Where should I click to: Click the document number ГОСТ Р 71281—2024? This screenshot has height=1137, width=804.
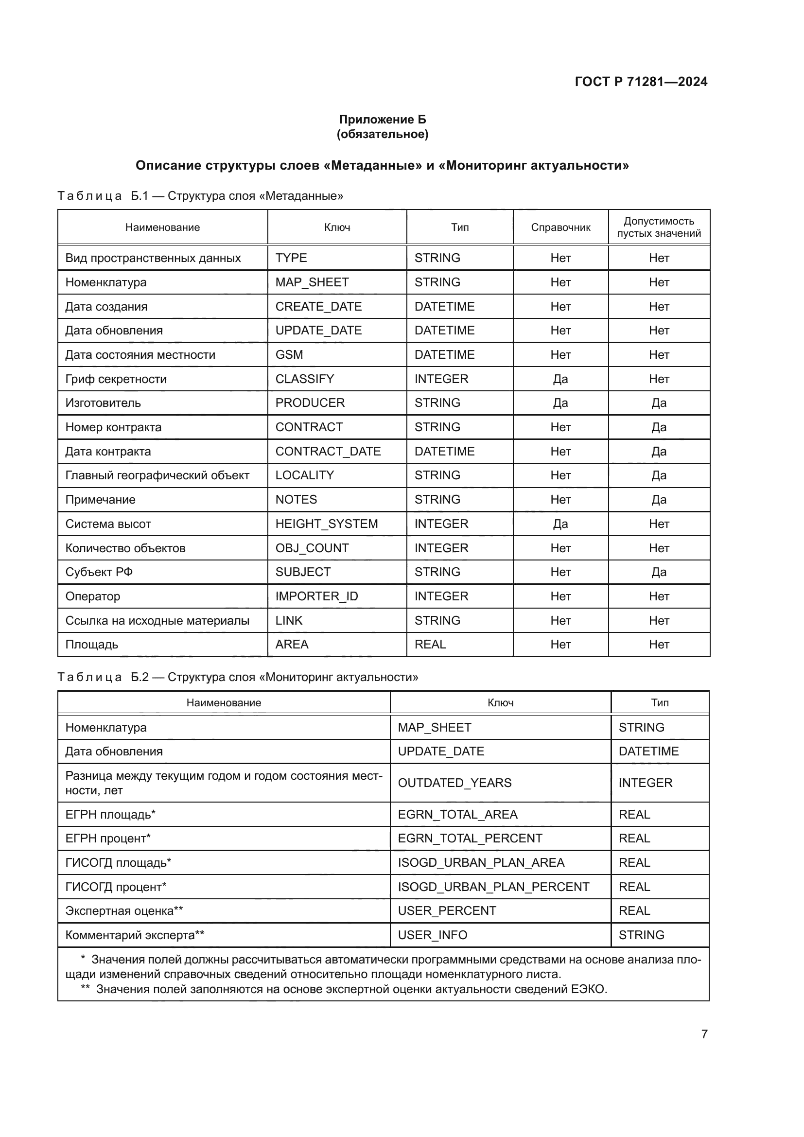tap(641, 82)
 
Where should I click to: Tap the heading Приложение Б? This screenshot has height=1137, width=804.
tap(382, 120)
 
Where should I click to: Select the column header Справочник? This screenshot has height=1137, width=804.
tap(560, 227)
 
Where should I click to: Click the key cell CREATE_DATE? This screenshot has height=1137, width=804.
tap(318, 307)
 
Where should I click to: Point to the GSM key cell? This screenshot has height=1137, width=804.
tap(289, 354)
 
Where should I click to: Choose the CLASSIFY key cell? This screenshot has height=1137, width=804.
tap(304, 379)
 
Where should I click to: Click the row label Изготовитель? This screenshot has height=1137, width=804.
tap(103, 402)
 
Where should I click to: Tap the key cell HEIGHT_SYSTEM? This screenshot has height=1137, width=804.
tap(326, 524)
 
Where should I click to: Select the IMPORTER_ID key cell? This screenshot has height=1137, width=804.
tap(316, 596)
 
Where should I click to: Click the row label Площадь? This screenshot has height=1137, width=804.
tap(91, 644)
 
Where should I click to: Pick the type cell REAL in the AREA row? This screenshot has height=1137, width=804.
tap(430, 644)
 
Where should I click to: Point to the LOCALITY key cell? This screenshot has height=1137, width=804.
tap(304, 475)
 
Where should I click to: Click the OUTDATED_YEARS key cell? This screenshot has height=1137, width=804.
tap(454, 783)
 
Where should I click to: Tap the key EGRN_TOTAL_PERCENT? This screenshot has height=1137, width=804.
tap(470, 839)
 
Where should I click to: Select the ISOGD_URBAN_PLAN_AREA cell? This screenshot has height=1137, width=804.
tap(481, 863)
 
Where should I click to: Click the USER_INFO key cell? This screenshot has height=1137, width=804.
tap(432, 935)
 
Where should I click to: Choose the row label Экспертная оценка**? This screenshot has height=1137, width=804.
tap(124, 910)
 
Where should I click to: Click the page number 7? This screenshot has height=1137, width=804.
tap(704, 1034)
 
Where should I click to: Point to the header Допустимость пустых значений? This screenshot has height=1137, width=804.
tap(659, 227)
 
